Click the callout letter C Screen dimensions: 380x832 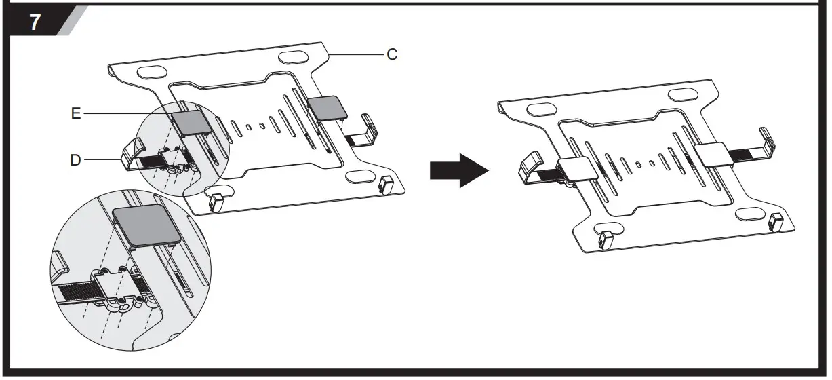click(392, 54)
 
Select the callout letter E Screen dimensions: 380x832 click(76, 114)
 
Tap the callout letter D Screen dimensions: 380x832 click(76, 160)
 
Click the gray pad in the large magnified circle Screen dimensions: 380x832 click(148, 224)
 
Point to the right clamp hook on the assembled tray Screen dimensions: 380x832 click(766, 140)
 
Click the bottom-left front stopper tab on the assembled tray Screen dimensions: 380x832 click(606, 239)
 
